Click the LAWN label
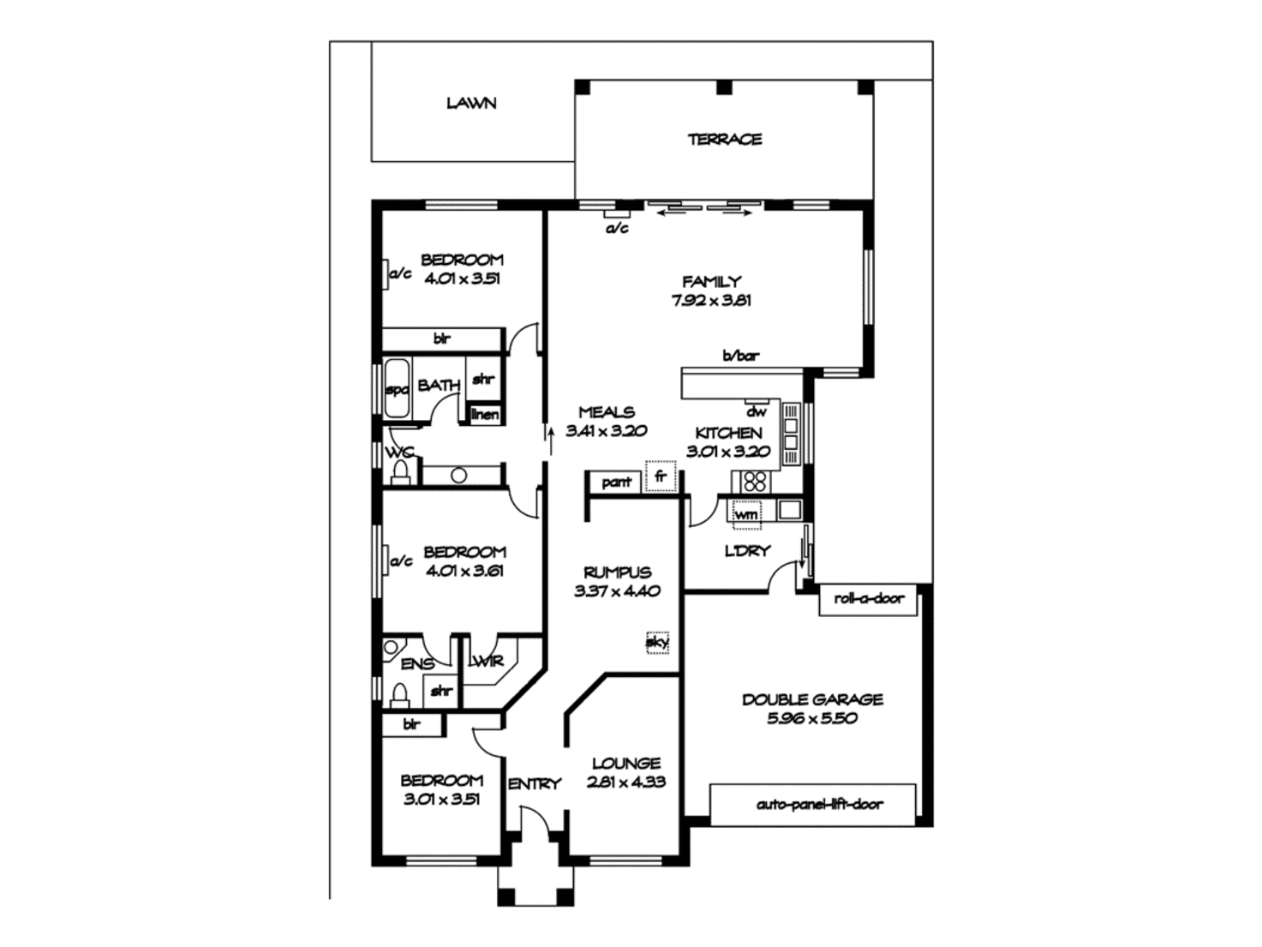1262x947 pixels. [x=471, y=103]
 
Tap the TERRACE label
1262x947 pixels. [x=724, y=139]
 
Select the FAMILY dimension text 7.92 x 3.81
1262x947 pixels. [x=711, y=300]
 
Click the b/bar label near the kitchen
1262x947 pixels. [x=740, y=356]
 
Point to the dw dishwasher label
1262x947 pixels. [x=756, y=411]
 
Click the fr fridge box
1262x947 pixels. [x=660, y=476]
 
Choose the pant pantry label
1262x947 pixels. [x=616, y=482]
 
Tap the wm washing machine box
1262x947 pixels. [x=745, y=514]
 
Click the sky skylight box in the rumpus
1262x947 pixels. [x=657, y=641]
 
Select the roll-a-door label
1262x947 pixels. [x=868, y=598]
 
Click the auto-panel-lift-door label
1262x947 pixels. [x=819, y=804]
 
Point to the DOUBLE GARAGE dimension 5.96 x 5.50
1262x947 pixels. [x=812, y=718]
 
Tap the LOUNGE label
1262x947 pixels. [x=625, y=763]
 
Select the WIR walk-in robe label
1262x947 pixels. [x=487, y=661]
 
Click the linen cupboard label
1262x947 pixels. [x=485, y=415]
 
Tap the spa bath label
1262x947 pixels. [x=396, y=390]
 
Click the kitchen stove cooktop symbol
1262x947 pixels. [x=755, y=481]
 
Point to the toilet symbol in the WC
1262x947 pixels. [x=399, y=472]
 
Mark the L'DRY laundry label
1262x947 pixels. [x=747, y=551]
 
